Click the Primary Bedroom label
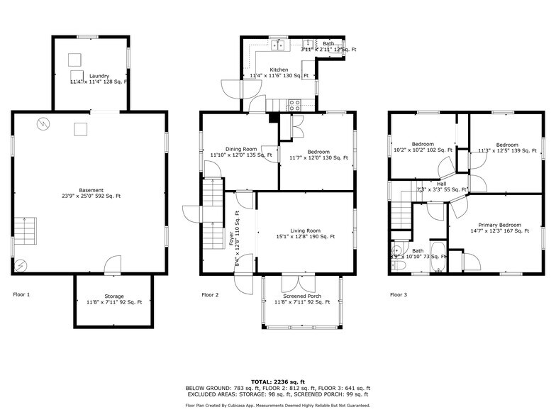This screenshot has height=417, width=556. (495, 227)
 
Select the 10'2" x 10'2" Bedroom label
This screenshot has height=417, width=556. (423, 147)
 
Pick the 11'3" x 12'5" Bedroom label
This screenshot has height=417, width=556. (507, 148)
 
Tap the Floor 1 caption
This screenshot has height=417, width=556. (21, 294)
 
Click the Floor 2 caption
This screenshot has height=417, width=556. (210, 294)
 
